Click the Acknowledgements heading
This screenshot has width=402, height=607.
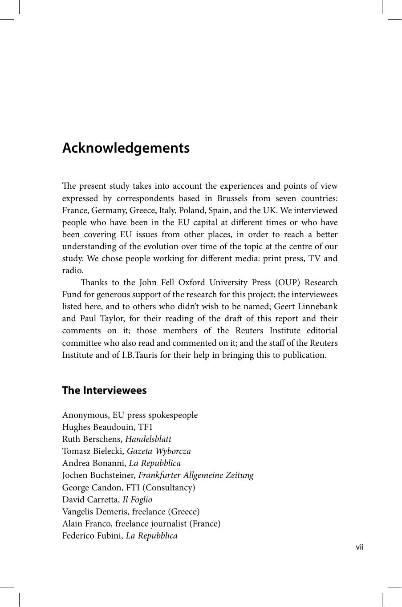pyautogui.click(x=126, y=148)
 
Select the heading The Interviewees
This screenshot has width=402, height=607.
pyautogui.click(x=104, y=390)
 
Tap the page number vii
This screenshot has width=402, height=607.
pyautogui.click(x=359, y=547)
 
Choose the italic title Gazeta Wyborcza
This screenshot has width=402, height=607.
pyautogui.click(x=158, y=451)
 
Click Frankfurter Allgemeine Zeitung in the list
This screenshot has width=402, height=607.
pyautogui.click(x=196, y=475)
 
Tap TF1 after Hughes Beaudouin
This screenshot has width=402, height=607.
pyautogui.click(x=146, y=427)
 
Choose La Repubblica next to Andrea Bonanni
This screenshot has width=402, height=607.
pyautogui.click(x=154, y=463)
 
